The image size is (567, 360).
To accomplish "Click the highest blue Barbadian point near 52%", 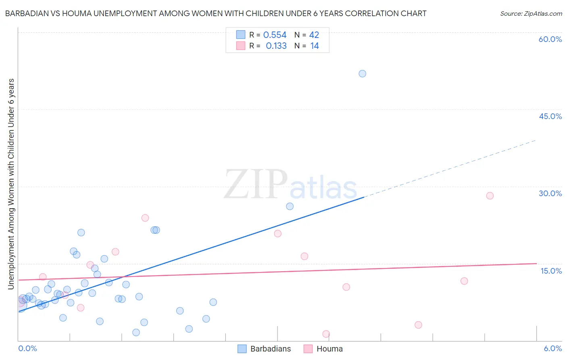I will [362, 73].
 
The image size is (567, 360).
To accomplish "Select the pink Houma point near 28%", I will [490, 196].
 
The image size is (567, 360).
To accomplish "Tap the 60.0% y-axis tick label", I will [550, 39].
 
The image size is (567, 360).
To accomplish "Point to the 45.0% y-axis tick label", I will [550, 116].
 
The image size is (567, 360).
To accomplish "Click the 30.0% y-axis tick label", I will [550, 193].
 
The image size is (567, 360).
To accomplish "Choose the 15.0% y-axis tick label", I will [551, 271].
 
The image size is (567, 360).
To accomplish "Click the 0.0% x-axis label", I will [27, 348].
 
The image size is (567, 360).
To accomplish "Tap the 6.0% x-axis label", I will [552, 348].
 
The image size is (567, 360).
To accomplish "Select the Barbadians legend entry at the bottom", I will [264, 349].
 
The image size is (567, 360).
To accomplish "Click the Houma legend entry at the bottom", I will [323, 349].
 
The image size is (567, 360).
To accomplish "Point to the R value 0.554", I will [275, 35].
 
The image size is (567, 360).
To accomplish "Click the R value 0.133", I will [276, 46].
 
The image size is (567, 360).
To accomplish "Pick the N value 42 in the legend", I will [314, 35].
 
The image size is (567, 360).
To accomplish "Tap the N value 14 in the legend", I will [315, 46].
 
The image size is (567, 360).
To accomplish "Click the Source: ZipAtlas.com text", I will [531, 13].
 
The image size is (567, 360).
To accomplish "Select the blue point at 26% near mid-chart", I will [290, 206].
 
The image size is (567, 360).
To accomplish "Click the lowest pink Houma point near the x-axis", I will [326, 334].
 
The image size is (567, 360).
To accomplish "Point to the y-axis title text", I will [11, 184].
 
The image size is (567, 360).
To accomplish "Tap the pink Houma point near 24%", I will [145, 218].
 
